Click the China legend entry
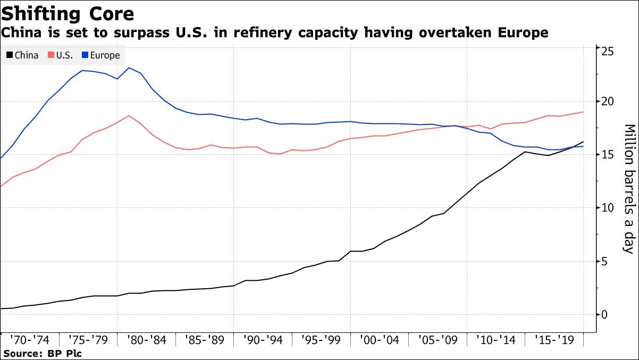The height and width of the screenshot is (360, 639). click(22, 55)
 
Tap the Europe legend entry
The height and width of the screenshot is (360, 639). click(100, 55)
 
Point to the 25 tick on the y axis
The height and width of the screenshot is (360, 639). click(608, 51)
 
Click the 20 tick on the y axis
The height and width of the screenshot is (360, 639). click(608, 101)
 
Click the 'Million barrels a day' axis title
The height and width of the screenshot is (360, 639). click(629, 189)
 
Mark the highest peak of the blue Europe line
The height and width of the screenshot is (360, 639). click(129, 68)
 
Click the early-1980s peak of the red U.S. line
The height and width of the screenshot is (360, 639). click(129, 115)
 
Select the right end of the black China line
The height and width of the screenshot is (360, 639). click(584, 142)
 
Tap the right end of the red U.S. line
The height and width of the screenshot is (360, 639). click(584, 112)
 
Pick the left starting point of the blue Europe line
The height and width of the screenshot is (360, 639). click(1, 158)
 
